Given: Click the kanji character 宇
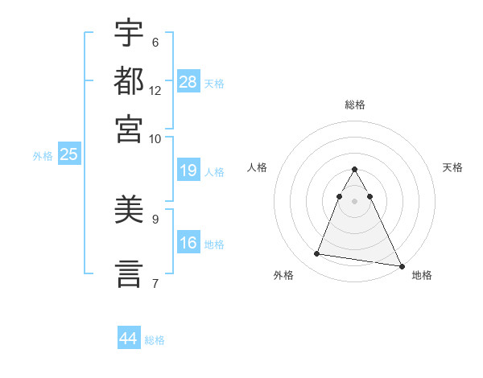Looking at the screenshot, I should pyautogui.click(x=129, y=34).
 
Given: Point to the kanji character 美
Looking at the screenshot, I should pyautogui.click(x=129, y=210).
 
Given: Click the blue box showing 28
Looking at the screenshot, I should pyautogui.click(x=188, y=81).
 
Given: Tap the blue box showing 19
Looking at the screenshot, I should pyautogui.click(x=188, y=171).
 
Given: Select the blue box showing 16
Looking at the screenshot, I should pyautogui.click(x=188, y=243).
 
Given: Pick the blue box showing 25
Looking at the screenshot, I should pyautogui.click(x=68, y=155).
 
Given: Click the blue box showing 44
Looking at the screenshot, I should pyautogui.click(x=129, y=339).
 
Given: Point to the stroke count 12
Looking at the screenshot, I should pyautogui.click(x=155, y=91).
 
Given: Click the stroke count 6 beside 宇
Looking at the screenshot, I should pyautogui.click(x=155, y=43).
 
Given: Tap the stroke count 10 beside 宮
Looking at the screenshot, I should pyautogui.click(x=155, y=138).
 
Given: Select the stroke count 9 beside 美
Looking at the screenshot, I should pyautogui.click(x=155, y=219).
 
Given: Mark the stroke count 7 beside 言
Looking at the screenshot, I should pyautogui.click(x=155, y=283).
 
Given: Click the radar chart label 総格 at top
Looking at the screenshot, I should pyautogui.click(x=354, y=105).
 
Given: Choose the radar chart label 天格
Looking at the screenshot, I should pyautogui.click(x=452, y=167).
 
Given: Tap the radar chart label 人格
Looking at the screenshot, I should pyautogui.click(x=257, y=167).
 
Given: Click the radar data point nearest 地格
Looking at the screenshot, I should pyautogui.click(x=401, y=266).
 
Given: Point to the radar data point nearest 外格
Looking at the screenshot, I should pyautogui.click(x=317, y=254).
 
